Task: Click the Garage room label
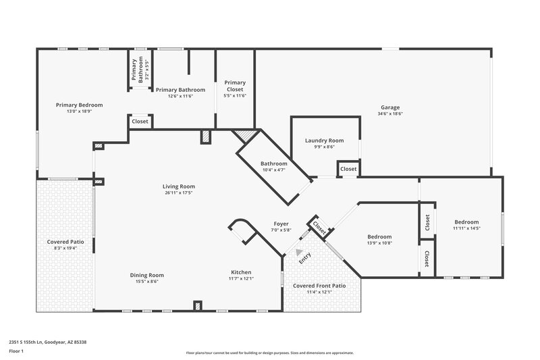click(x=390, y=107)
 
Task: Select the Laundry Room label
click(x=324, y=140)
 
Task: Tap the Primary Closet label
click(x=235, y=86)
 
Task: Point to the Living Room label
click(x=178, y=186)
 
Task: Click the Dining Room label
click(x=146, y=275)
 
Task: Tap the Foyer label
click(x=281, y=224)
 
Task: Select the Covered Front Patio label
click(x=319, y=286)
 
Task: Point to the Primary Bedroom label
click(x=79, y=105)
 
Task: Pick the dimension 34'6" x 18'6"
click(x=390, y=114)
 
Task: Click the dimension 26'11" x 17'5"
click(x=178, y=192)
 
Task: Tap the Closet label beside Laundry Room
click(x=348, y=169)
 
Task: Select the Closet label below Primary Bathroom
click(x=140, y=122)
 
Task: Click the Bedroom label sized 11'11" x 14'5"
click(x=466, y=222)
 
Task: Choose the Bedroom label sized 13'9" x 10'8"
click(x=379, y=236)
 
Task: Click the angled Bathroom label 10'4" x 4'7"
click(x=274, y=163)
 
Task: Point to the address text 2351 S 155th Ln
click(x=47, y=342)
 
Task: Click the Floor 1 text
click(x=17, y=352)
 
